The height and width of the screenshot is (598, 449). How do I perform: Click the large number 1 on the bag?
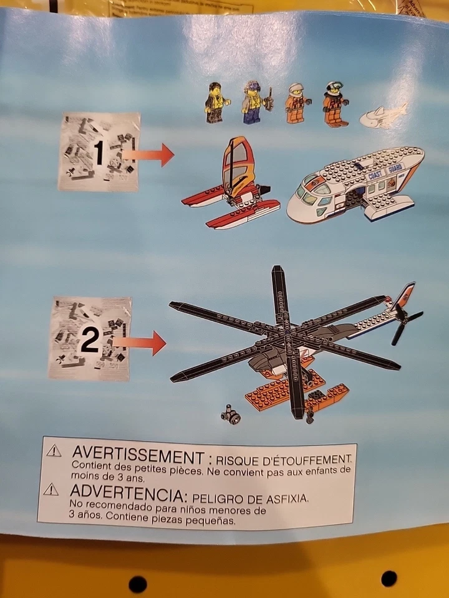pyautogui.click(x=98, y=153)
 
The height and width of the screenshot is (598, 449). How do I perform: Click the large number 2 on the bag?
pyautogui.click(x=89, y=340)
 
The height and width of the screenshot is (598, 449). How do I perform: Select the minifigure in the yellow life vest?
pyautogui.click(x=216, y=102)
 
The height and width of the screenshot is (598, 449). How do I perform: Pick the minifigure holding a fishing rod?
pyautogui.click(x=253, y=103)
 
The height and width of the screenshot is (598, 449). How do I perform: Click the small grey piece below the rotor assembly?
pyautogui.click(x=231, y=414)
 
